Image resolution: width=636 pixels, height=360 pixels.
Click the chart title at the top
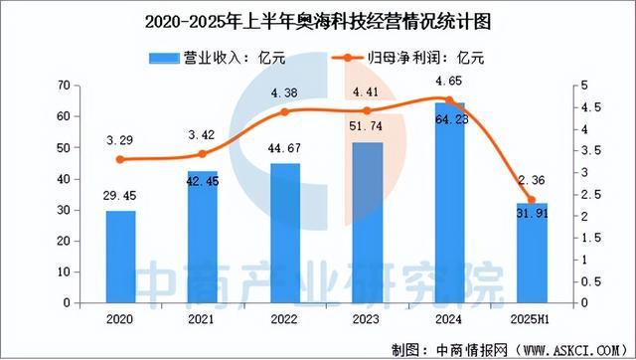(317, 19)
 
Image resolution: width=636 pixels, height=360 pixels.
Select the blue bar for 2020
(120, 257)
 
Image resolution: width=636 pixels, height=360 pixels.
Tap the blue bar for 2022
(285, 233)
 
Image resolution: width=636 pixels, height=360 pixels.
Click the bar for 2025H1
(532, 253)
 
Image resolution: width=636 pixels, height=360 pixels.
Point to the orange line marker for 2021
(203, 154)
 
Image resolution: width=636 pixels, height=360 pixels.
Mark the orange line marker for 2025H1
(532, 200)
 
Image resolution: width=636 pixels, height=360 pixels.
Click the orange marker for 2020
(120, 159)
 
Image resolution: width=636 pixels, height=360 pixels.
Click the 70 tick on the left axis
(63, 86)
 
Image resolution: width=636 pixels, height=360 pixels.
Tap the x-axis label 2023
(367, 320)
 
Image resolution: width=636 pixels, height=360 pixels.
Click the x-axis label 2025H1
(532, 320)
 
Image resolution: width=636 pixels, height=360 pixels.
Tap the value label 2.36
(531, 179)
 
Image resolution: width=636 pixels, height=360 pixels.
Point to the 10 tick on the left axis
(63, 271)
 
